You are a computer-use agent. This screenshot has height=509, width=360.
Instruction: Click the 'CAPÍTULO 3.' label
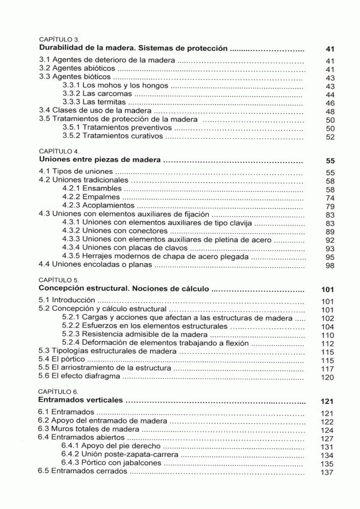[55, 38]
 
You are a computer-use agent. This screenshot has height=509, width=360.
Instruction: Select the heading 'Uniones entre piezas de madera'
[100, 161]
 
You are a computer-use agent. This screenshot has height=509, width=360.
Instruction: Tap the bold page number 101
[327, 290]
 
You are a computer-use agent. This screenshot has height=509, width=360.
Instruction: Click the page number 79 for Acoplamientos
[329, 206]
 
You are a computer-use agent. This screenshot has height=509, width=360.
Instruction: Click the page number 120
[327, 378]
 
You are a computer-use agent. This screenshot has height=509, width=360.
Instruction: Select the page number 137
[327, 472]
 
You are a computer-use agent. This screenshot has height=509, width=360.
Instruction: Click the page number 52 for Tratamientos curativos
[329, 137]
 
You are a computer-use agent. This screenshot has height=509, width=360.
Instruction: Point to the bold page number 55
[329, 161]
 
